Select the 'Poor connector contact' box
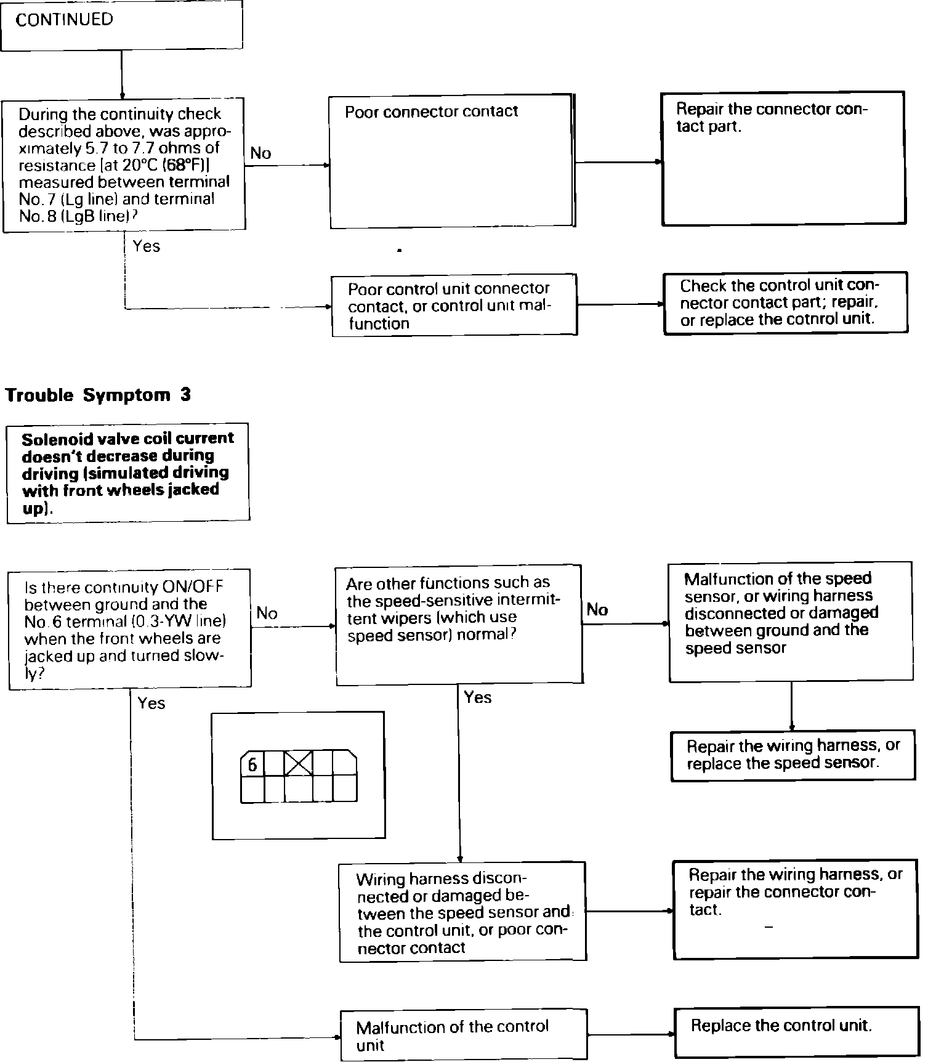[x=451, y=161]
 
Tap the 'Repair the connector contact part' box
[x=783, y=159]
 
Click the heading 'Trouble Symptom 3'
[x=98, y=395]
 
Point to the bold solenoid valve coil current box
[x=128, y=472]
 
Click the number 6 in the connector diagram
[x=252, y=765]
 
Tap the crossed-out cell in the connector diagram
[x=299, y=764]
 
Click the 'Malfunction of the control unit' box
[x=463, y=1035]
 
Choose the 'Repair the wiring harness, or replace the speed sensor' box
[x=793, y=755]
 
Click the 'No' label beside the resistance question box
[x=260, y=153]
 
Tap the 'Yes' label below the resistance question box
[x=147, y=246]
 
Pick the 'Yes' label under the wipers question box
[x=478, y=697]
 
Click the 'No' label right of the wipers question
[x=597, y=610]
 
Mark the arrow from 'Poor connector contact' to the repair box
[x=618, y=163]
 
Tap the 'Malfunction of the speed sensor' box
[x=791, y=621]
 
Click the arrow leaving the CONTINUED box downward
[x=122, y=74]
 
